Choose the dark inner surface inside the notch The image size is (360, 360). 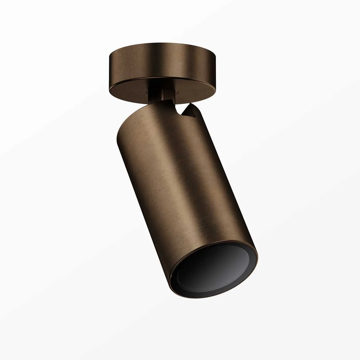pyautogui.click(x=185, y=112)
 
